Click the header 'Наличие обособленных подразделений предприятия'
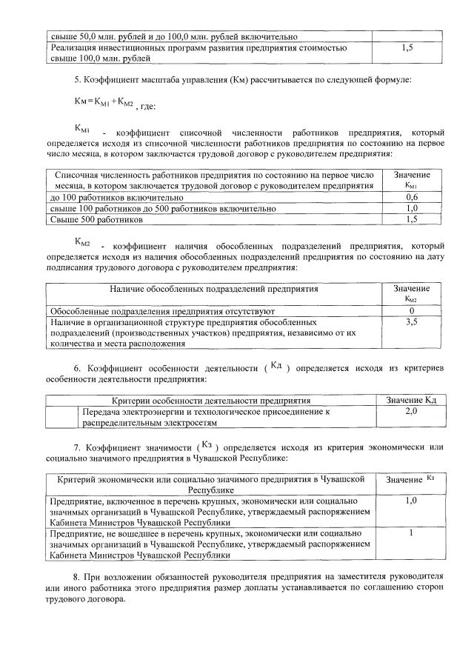tap(214, 289)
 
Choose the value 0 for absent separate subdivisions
tap(412, 311)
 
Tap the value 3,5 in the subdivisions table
tap(412, 323)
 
